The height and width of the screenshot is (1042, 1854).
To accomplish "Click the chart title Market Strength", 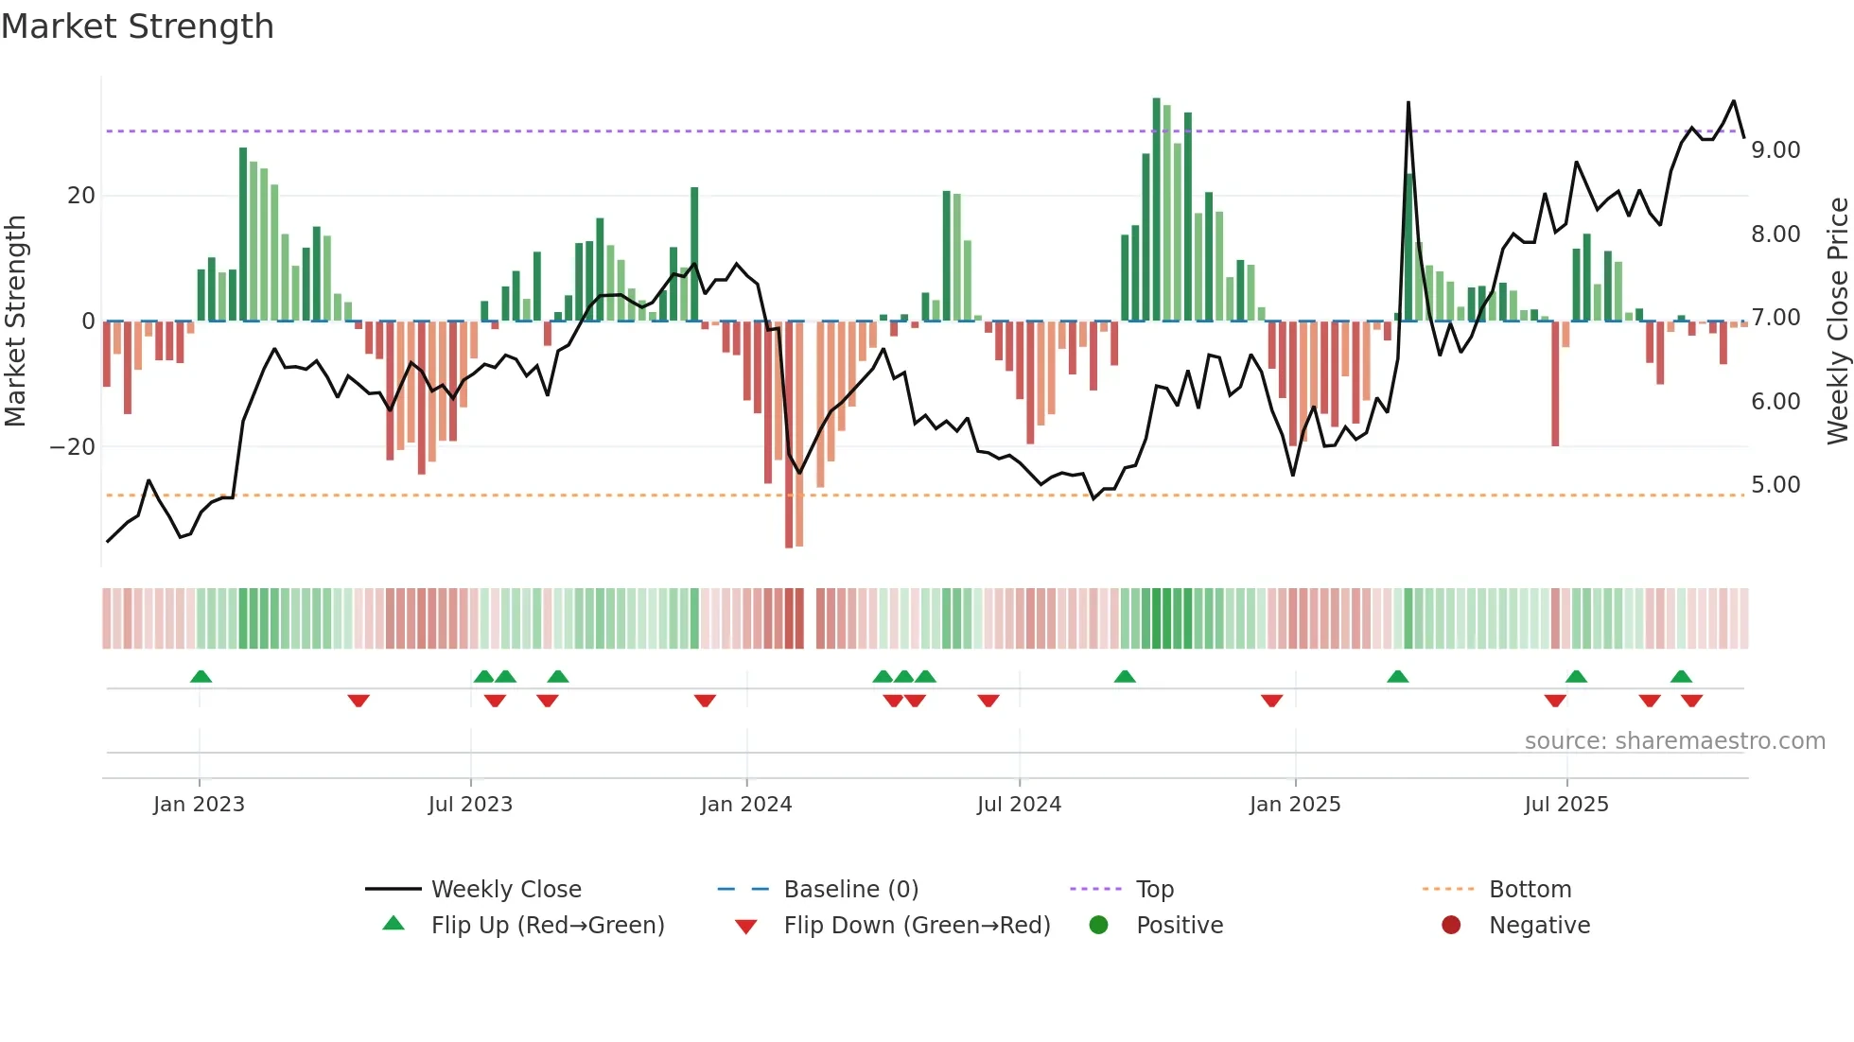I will [137, 26].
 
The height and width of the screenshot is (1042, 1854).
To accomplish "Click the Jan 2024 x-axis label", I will [745, 805].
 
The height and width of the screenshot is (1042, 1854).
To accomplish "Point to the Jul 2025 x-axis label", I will [1565, 805].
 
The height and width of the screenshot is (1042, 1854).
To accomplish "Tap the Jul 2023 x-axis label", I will [470, 805].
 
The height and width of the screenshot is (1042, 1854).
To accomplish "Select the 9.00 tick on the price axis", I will [1775, 150].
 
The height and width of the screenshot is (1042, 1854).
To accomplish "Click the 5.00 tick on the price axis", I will [1775, 485].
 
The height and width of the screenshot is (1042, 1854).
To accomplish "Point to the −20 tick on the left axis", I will [73, 446].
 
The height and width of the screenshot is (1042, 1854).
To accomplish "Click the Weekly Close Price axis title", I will [1837, 321].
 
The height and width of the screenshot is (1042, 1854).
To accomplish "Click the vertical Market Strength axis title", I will [16, 321].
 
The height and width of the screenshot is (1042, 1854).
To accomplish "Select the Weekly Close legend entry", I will [505, 890].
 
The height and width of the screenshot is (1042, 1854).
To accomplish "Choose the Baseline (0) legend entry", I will [850, 890].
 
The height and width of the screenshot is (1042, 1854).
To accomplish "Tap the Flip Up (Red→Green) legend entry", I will [547, 926].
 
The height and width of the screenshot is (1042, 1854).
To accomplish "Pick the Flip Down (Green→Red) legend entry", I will [916, 926].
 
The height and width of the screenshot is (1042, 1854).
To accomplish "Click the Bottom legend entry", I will [1529, 890].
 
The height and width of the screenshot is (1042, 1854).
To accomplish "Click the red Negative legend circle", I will [1451, 925].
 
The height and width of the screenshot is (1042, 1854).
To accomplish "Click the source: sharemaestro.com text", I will [1674, 741].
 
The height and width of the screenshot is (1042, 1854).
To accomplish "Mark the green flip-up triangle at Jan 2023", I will [201, 676].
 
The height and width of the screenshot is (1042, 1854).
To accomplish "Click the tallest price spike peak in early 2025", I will [1408, 103].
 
